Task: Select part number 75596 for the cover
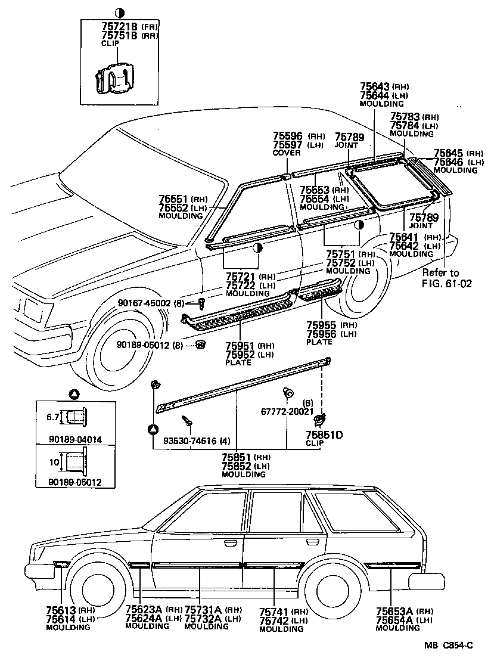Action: coord(288,136)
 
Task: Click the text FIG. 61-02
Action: coord(446,283)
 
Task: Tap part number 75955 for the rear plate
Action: coord(322,325)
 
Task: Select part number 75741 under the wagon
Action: coord(275,612)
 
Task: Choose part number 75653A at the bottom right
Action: coord(394,610)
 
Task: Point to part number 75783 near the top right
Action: coord(405,117)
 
